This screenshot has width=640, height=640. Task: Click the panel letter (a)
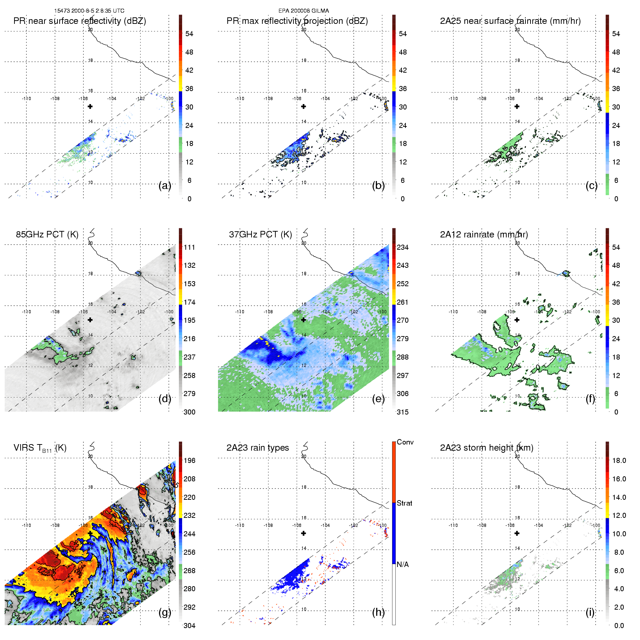click(x=164, y=185)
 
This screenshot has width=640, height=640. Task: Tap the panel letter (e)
click(x=378, y=399)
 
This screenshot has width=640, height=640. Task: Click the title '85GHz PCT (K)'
click(x=47, y=234)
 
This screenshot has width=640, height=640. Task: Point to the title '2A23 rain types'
click(x=258, y=448)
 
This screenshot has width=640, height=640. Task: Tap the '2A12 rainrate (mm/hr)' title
click(x=484, y=234)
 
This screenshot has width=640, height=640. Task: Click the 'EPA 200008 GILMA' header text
click(x=304, y=10)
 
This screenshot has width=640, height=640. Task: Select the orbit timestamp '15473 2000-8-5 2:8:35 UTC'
click(x=89, y=10)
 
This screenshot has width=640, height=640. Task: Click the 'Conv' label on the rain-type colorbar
click(x=405, y=442)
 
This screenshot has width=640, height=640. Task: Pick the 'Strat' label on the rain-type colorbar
click(x=404, y=503)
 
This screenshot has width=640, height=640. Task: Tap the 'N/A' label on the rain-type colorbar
click(x=403, y=564)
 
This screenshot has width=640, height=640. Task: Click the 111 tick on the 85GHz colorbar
click(x=189, y=247)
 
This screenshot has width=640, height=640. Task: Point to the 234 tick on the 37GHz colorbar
click(x=403, y=247)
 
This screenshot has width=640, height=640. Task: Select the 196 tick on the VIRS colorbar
click(x=189, y=460)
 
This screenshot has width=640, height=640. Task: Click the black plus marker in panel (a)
click(x=90, y=106)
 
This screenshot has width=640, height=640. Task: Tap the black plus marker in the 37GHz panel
click(x=304, y=319)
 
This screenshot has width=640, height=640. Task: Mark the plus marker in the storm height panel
click(x=517, y=533)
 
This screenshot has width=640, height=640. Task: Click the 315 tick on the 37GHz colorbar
click(x=403, y=412)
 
